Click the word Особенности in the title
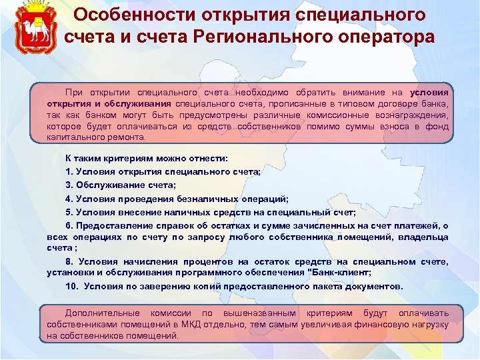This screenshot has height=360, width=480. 124,15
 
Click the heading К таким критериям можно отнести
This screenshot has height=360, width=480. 147,159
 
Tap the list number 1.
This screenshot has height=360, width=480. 69,172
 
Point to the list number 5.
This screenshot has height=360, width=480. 69,212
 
